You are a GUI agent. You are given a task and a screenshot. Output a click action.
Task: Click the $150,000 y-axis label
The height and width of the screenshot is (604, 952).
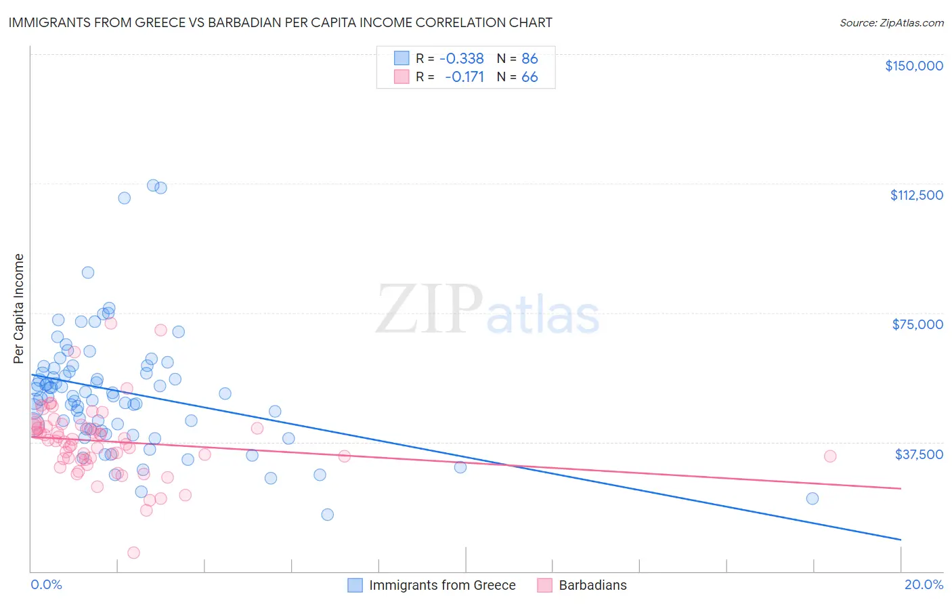point(913,66)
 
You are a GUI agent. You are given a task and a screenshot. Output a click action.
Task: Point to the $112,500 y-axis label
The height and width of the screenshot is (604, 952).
point(916,195)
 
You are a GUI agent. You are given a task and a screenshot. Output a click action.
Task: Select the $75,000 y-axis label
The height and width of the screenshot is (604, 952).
point(917,324)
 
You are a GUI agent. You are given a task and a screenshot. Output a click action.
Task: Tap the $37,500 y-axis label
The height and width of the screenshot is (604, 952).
point(919,454)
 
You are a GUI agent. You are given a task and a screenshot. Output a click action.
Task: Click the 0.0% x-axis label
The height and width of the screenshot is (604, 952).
point(46,584)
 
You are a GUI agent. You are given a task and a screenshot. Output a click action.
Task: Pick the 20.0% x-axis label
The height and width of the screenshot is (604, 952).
point(924,584)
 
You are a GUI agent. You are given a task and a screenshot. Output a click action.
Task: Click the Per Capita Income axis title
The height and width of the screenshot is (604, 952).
point(19,308)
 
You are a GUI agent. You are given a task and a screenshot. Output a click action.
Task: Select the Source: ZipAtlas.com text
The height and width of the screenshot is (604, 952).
point(891,22)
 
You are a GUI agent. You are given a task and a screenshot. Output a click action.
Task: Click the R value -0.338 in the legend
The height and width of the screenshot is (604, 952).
point(462,59)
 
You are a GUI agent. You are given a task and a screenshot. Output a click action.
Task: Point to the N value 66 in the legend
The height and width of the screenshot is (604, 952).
point(529,77)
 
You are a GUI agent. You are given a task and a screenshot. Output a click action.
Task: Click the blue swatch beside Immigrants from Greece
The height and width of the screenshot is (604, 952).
point(355,585)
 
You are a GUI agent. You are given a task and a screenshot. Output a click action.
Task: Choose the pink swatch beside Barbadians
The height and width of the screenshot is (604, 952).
point(545,585)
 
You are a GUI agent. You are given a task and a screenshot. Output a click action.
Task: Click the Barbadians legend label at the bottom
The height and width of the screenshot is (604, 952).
point(592,585)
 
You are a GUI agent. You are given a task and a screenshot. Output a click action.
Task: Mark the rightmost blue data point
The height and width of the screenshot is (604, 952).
point(813,498)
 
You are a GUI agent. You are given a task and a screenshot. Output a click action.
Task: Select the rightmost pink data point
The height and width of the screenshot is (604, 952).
point(830,456)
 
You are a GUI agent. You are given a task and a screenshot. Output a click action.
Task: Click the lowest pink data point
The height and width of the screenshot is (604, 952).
point(133,553)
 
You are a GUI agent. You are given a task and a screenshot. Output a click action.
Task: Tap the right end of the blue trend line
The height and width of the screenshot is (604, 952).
point(901,540)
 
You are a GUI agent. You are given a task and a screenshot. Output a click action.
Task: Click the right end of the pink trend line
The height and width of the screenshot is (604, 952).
point(901,488)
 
